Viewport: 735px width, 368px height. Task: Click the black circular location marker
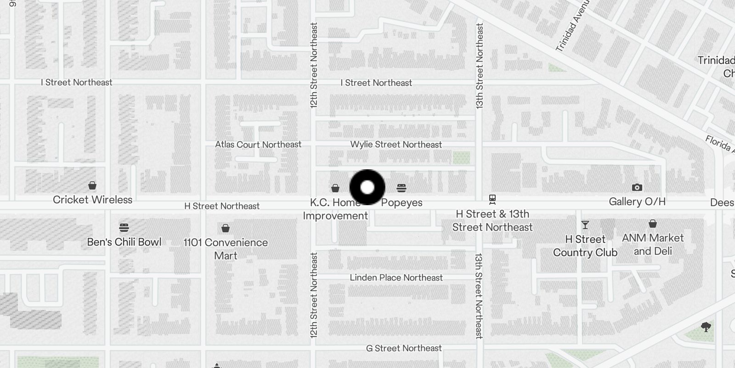[x=367, y=187]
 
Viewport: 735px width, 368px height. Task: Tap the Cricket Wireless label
[x=92, y=200]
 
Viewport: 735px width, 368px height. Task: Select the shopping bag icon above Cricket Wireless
[x=92, y=185]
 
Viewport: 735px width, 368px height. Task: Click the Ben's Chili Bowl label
[x=124, y=242]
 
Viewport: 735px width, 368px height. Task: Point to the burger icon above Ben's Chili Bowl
[x=124, y=227]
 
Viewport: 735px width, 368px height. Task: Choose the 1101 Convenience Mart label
[x=226, y=249]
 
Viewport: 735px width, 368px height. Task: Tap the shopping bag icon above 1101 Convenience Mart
[x=226, y=228]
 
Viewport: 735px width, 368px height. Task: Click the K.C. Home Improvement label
[x=335, y=209]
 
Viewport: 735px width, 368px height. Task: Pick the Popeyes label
[x=402, y=202]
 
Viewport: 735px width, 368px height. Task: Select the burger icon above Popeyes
[x=401, y=188]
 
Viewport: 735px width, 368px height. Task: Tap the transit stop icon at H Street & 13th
[x=492, y=200]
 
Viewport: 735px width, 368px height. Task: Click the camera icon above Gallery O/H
[x=637, y=187]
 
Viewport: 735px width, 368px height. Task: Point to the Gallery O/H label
[x=637, y=201]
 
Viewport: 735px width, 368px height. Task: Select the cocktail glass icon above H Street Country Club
[x=585, y=225]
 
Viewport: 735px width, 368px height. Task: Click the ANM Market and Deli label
[x=653, y=244]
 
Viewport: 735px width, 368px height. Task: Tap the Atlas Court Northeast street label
[x=258, y=144]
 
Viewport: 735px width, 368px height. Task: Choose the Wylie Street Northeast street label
[x=396, y=144]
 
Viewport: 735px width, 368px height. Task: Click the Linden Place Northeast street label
[x=396, y=277]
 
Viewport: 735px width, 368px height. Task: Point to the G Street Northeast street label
[x=404, y=348]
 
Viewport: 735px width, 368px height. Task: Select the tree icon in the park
[x=706, y=327]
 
